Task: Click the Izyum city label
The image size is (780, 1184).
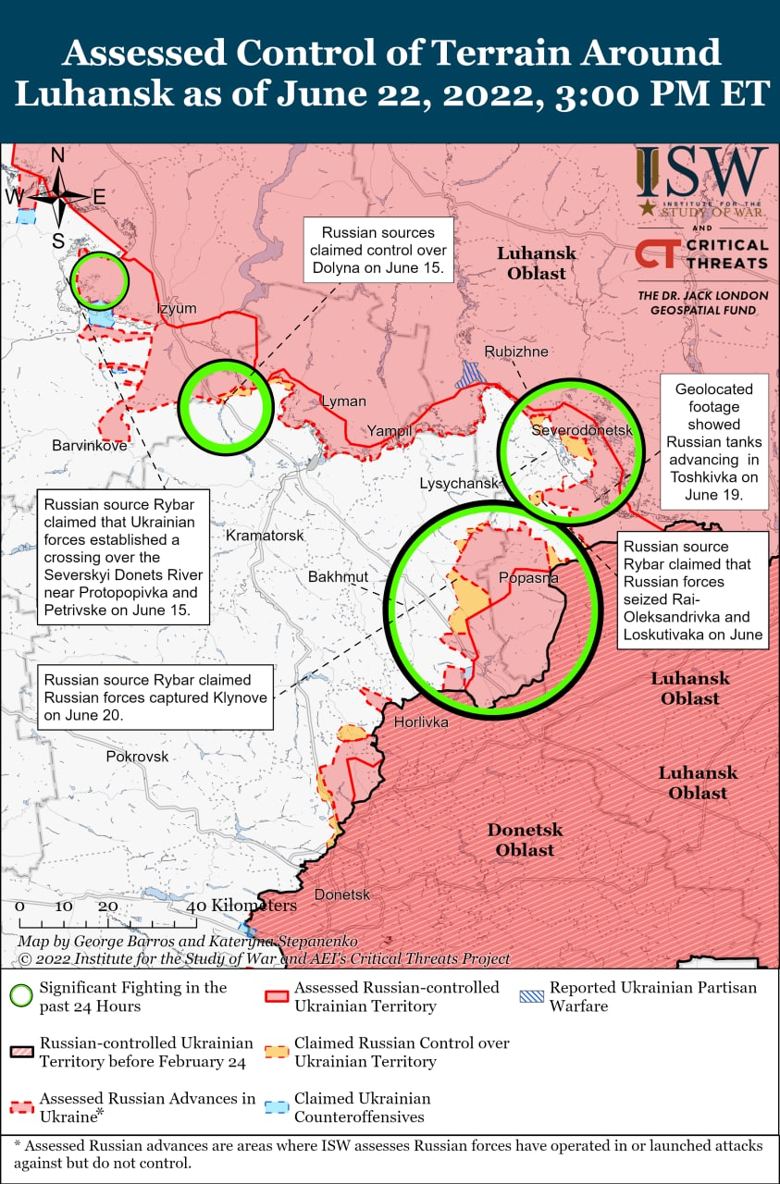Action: point(177,308)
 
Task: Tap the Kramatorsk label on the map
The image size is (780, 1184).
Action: point(266,536)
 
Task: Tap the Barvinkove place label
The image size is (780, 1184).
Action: point(90,445)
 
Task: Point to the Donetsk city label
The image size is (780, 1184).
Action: point(342,894)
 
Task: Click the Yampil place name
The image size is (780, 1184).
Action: point(389,431)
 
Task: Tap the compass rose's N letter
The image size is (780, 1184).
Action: point(57,155)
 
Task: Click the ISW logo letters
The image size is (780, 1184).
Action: point(701,172)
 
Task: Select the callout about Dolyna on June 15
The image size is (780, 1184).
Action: point(378,250)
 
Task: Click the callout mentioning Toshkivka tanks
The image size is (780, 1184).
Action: point(713,442)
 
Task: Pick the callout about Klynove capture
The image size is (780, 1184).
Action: point(156,697)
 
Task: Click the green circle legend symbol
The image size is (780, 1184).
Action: point(19,996)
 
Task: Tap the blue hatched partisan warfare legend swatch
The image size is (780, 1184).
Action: point(531,996)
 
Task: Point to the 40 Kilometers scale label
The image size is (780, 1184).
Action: point(246,906)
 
